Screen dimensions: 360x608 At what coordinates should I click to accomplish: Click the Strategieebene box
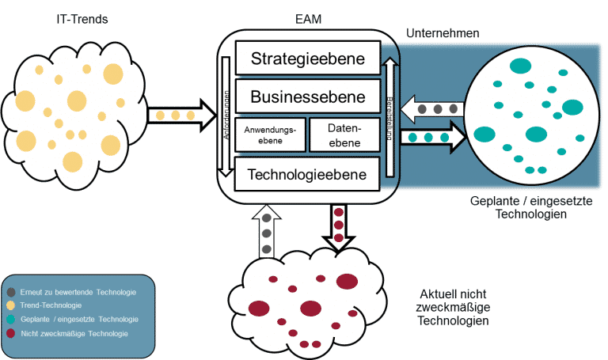(x=307, y=59)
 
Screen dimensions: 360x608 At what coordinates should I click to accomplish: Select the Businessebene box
(x=307, y=97)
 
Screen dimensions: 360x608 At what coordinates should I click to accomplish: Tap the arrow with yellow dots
(x=180, y=116)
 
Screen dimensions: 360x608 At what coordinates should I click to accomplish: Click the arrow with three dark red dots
(x=339, y=226)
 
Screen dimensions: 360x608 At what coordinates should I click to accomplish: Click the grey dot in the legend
(x=10, y=292)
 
